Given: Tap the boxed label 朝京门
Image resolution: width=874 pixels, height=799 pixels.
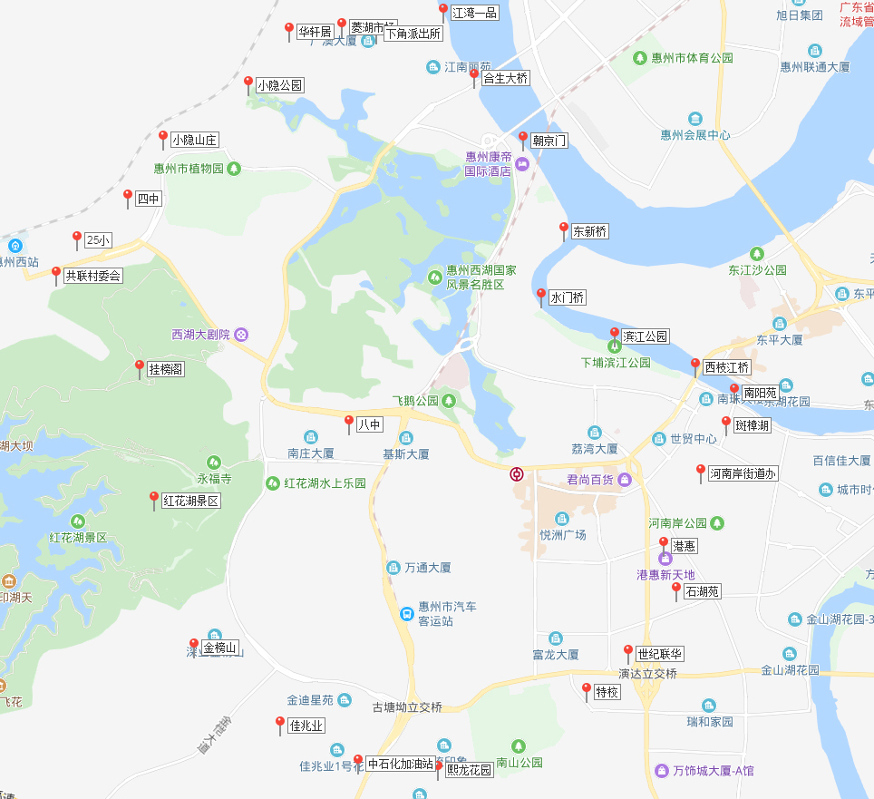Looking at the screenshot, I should tap(549, 141).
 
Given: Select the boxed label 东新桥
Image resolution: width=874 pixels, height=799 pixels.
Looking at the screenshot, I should tap(589, 231).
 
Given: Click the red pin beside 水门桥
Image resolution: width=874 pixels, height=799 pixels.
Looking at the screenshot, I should tap(541, 296).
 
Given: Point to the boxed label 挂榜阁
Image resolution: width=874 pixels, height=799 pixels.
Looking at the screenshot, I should tap(166, 369).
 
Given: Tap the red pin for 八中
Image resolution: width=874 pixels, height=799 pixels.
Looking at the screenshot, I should tap(349, 422).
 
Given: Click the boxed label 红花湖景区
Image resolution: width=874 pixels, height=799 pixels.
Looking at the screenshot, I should tap(190, 501).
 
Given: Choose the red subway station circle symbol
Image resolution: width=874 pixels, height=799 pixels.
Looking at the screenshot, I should tap(516, 474).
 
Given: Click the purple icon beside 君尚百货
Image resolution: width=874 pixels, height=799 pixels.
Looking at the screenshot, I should tap(625, 479).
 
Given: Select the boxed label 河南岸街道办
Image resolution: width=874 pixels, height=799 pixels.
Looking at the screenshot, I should tap(743, 473).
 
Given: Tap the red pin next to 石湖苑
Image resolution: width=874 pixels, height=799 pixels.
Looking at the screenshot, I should tap(676, 590).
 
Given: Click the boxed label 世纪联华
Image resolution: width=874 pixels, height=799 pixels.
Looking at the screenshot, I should tap(660, 654).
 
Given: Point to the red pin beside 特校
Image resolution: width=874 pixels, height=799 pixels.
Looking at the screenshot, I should tap(587, 690).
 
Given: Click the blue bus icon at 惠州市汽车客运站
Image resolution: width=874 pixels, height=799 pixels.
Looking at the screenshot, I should tap(408, 614).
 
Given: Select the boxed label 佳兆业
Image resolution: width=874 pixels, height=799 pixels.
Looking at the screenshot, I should tap(306, 726).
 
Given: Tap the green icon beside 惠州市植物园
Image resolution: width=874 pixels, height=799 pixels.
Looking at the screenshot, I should tap(234, 168).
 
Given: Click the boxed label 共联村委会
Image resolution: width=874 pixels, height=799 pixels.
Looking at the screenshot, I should tap(92, 276).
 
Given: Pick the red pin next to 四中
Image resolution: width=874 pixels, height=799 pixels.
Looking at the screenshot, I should tap(128, 197).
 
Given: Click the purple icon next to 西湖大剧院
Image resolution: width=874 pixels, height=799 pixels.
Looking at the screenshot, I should tap(241, 335).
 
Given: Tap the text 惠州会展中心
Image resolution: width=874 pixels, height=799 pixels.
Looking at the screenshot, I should tap(695, 135).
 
